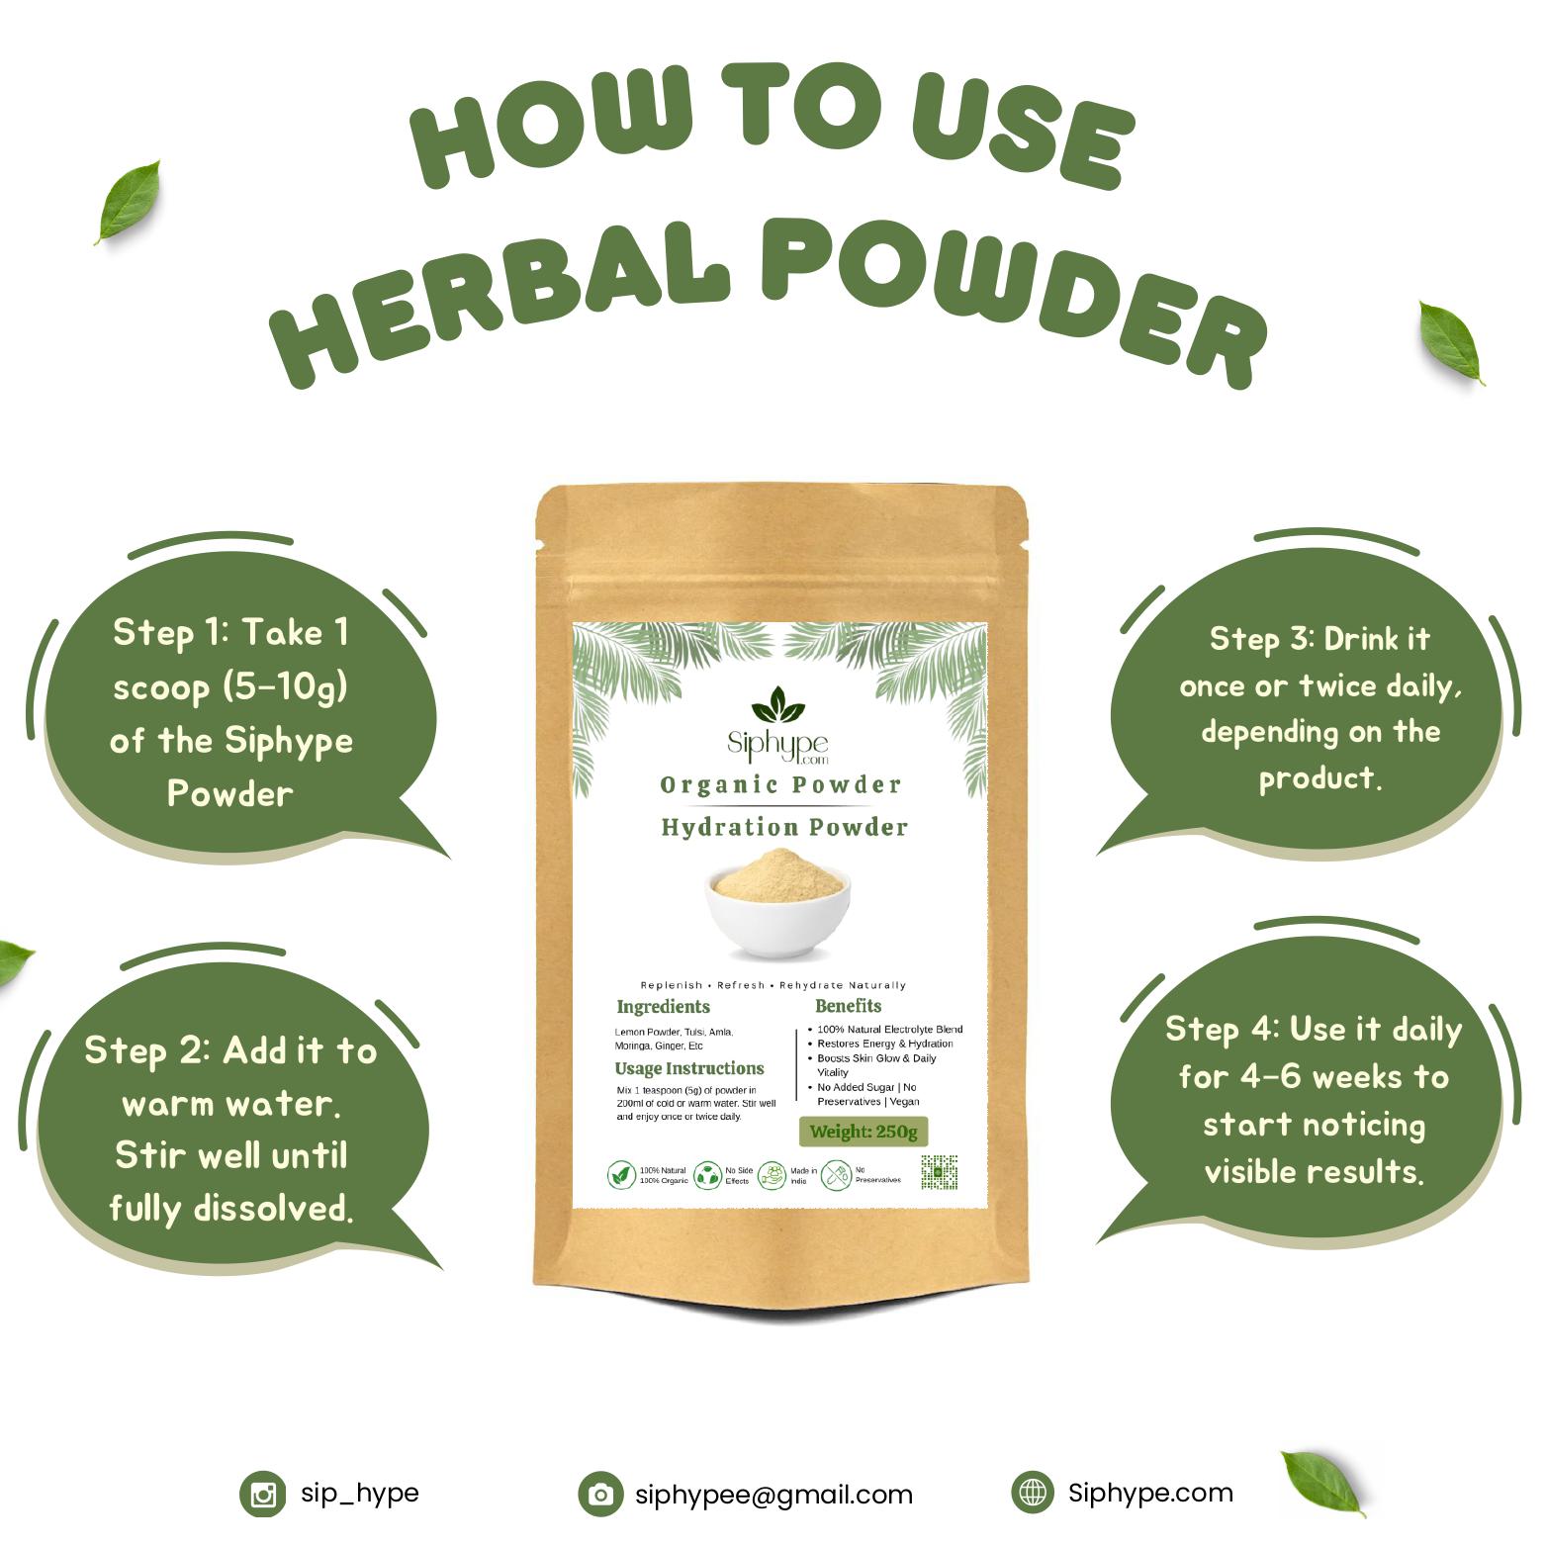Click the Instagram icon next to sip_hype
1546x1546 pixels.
tap(262, 1494)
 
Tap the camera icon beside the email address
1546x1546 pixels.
tap(600, 1494)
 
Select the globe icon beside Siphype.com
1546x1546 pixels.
tap(1034, 1493)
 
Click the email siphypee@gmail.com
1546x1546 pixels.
tap(773, 1495)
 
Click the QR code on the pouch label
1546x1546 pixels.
tap(939, 1172)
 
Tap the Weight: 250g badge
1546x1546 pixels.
tap(863, 1132)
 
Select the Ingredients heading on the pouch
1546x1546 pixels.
tap(663, 1007)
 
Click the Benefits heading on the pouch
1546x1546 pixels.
tap(848, 1006)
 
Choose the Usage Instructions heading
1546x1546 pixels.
tap(689, 1068)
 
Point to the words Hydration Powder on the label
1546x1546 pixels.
tap(784, 827)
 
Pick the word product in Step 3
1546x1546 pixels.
tap(1319, 778)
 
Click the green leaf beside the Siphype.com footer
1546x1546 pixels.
tap(1321, 1481)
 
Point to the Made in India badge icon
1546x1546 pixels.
tap(776, 1175)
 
